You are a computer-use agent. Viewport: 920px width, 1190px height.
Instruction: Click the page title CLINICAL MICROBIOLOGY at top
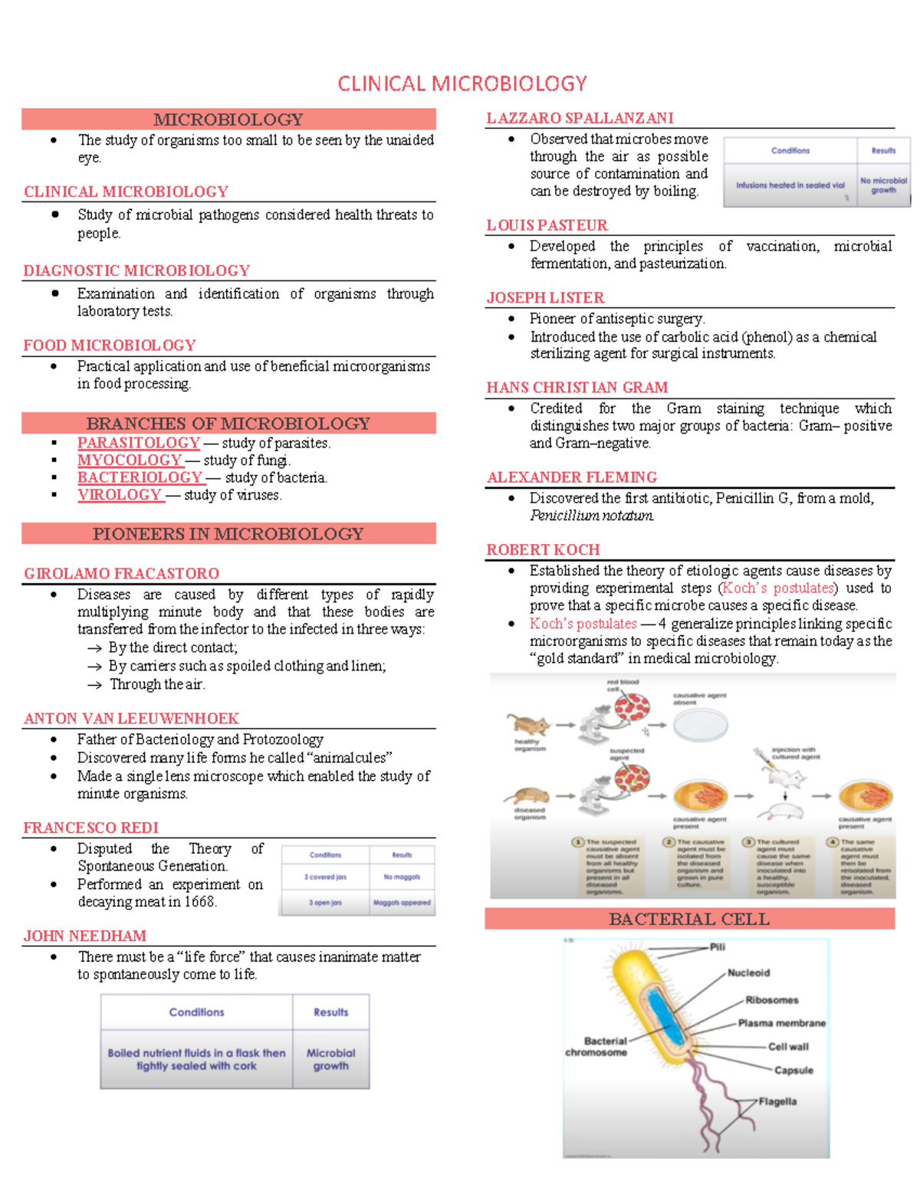pos(462,84)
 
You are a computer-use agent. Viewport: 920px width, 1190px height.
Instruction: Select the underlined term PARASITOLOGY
pos(138,443)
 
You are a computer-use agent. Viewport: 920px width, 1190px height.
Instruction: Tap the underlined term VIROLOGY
pos(120,495)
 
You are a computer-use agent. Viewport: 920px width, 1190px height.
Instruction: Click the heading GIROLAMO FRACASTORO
pos(121,573)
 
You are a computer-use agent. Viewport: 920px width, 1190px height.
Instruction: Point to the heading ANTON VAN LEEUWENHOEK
pos(131,718)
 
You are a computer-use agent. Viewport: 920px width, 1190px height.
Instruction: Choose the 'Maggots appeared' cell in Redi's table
pos(402,903)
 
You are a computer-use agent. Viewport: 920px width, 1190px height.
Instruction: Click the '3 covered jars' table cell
pos(325,877)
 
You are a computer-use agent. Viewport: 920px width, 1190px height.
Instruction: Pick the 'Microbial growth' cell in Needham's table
pos(330,1059)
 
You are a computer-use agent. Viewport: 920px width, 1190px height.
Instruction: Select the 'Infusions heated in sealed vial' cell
pos(790,185)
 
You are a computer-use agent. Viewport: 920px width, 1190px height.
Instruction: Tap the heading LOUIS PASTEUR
pos(547,225)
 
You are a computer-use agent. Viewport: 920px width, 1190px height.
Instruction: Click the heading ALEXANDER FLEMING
pos(572,477)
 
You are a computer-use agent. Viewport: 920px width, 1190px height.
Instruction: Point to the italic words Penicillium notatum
pos(592,516)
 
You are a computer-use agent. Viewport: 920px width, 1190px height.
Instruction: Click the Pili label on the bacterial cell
pos(717,947)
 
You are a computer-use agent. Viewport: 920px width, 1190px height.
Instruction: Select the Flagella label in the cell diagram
pos(777,1101)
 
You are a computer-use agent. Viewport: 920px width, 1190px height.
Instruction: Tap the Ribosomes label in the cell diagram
pos(771,1000)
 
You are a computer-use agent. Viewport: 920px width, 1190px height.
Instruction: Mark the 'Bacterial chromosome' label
pos(596,1047)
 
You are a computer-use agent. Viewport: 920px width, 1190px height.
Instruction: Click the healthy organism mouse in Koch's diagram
pos(528,724)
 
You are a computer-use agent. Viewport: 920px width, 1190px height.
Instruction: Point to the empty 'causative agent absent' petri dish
pos(700,724)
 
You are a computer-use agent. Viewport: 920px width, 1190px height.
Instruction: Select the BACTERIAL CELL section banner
pos(689,919)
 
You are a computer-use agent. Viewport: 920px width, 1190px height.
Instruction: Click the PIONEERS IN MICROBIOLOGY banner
pos(228,533)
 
